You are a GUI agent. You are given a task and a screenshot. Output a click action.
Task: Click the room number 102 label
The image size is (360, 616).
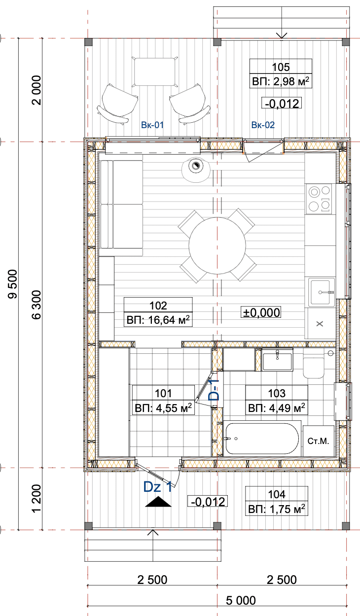(x=158, y=306)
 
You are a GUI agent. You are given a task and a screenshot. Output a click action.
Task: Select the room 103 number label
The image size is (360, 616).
(x=277, y=394)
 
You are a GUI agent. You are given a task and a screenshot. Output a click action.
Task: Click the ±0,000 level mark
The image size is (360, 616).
(x=261, y=312)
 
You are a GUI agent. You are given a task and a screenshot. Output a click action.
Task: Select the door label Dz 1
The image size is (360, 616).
(x=158, y=487)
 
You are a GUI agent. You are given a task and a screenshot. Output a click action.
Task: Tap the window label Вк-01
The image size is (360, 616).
(x=152, y=125)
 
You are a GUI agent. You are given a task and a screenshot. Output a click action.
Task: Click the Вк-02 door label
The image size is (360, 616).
(x=263, y=125)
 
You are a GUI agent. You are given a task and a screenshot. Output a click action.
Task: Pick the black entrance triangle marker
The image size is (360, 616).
(x=158, y=502)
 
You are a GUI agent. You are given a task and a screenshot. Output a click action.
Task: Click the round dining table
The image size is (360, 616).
(x=217, y=245)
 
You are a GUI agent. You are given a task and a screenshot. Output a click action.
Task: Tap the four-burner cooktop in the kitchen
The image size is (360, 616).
(x=319, y=199)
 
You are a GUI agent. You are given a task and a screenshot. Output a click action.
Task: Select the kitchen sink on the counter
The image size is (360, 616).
(x=322, y=292)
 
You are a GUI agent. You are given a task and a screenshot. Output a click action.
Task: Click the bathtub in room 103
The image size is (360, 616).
(x=262, y=439)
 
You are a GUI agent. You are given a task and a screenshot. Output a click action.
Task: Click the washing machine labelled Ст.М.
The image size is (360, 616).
(x=319, y=441)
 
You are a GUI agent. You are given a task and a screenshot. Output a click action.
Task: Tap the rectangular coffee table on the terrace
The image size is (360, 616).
(x=154, y=72)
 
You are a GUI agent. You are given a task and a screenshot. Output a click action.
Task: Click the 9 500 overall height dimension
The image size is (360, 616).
(x=13, y=284)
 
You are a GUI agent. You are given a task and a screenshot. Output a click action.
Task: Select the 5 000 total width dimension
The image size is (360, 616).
(x=241, y=600)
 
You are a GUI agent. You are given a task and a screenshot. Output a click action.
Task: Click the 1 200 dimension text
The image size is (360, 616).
(x=36, y=498)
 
